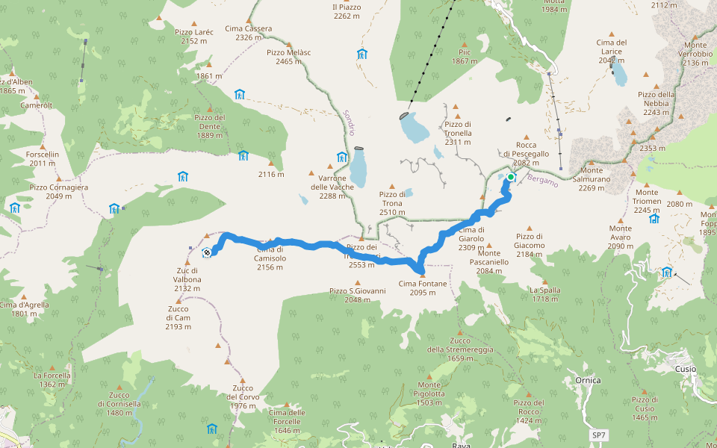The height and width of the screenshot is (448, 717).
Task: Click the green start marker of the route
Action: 511,177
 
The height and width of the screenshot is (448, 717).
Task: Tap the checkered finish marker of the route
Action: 206,252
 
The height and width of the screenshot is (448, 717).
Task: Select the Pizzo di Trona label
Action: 392,203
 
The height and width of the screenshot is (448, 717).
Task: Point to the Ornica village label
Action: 588,380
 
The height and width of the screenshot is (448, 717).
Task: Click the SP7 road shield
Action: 598,435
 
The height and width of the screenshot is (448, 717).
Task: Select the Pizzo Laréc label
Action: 194,37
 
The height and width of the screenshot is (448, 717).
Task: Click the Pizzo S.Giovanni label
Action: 357,295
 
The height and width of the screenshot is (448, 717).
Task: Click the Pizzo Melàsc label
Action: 288,57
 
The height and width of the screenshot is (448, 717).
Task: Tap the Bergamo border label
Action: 543,180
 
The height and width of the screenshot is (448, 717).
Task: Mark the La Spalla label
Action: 544,294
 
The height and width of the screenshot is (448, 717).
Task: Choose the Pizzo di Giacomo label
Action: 529,249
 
